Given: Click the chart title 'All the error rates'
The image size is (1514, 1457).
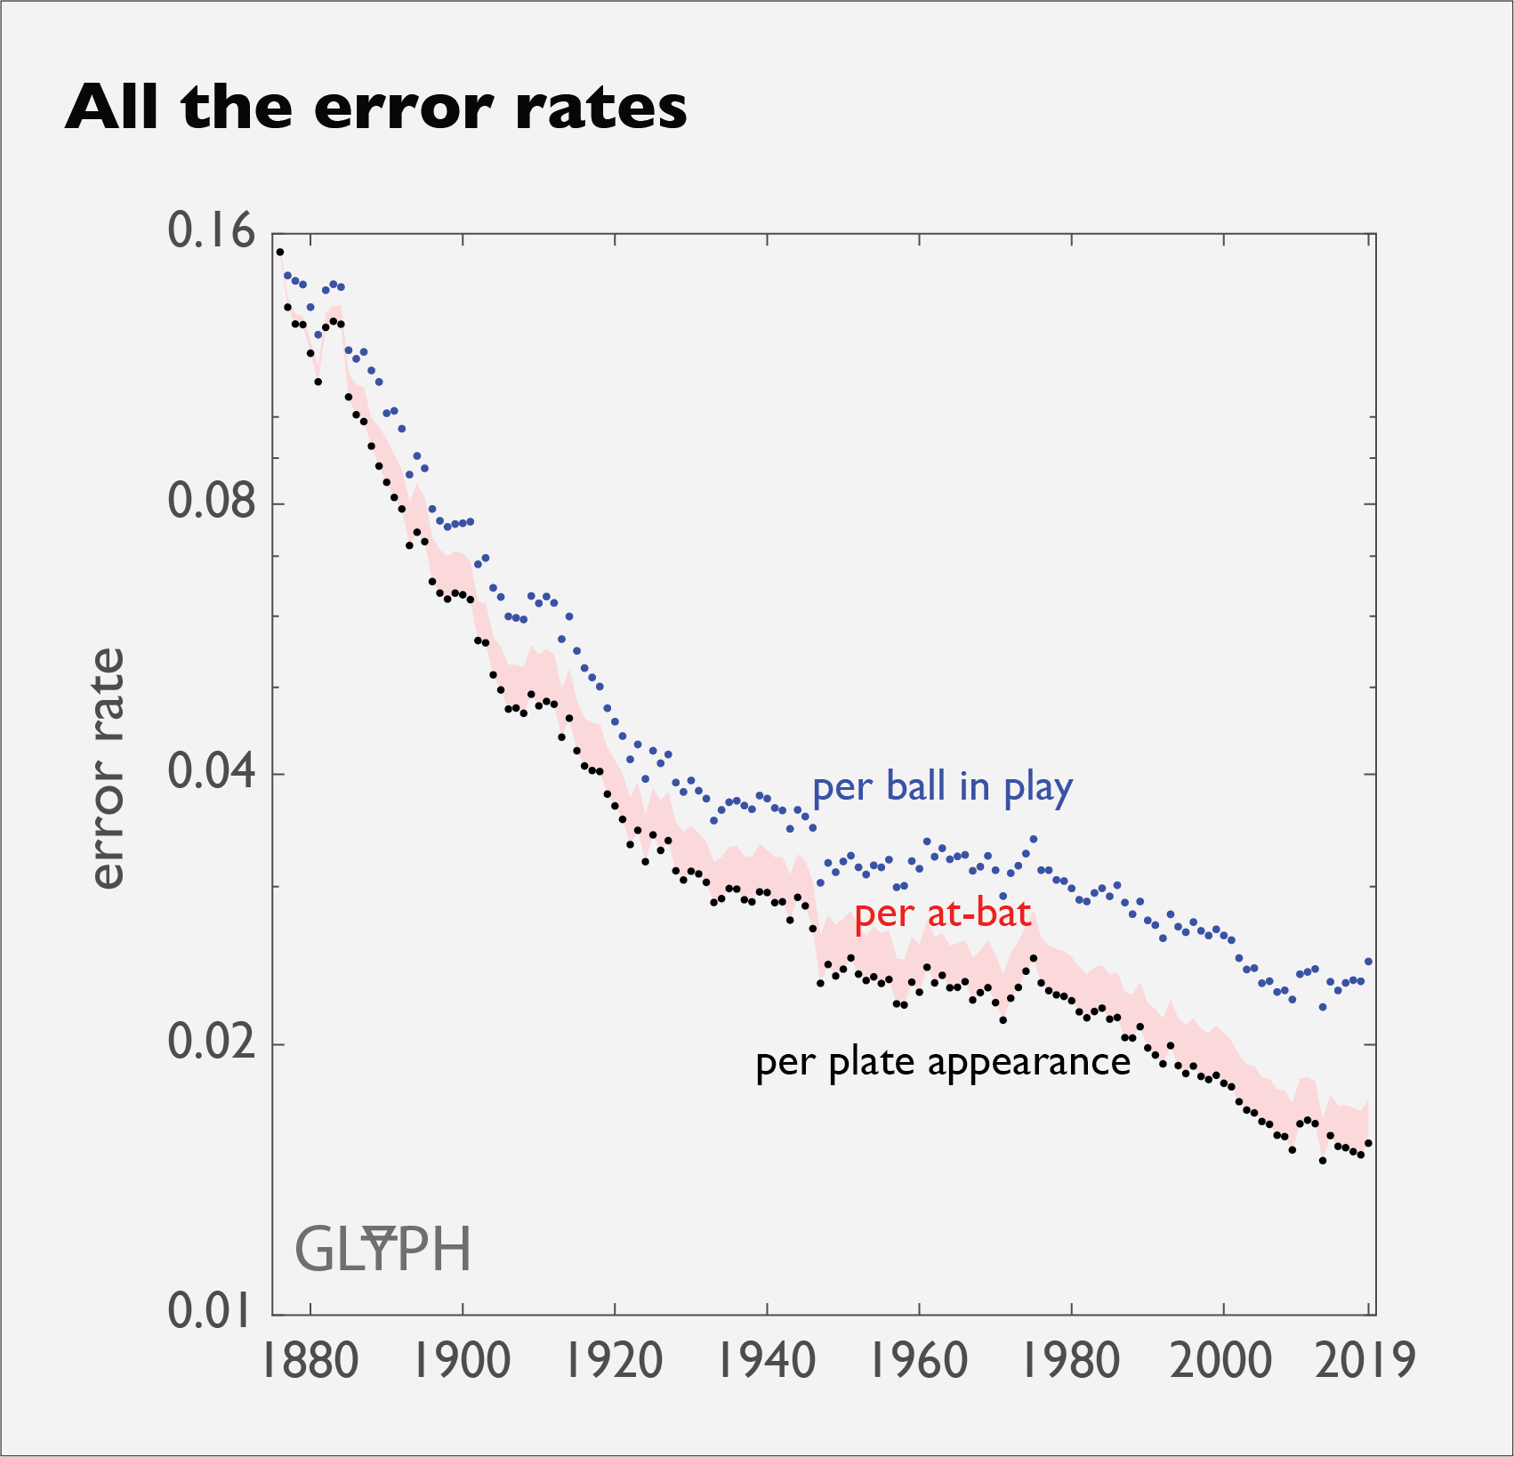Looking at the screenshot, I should click(375, 108).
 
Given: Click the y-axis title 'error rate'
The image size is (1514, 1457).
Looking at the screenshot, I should click(108, 769).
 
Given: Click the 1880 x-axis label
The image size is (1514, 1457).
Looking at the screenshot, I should click(310, 1361).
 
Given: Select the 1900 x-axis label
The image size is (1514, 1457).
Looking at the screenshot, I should click(463, 1361).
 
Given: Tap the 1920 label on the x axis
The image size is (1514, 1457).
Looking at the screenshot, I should click(615, 1361).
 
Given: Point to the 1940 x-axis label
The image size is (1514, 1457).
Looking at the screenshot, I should click(767, 1361).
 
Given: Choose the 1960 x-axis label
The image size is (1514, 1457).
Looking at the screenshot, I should click(919, 1361).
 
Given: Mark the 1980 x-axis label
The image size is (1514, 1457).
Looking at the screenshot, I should click(1071, 1361).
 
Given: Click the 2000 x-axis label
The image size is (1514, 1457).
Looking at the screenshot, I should click(1223, 1361).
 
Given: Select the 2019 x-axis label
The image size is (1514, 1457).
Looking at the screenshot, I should click(1365, 1361).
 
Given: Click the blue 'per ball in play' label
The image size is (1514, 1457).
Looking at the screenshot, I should click(942, 788).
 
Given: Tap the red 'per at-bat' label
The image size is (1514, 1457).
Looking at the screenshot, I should click(942, 914).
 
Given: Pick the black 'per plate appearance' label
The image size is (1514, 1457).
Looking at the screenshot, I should click(942, 1063).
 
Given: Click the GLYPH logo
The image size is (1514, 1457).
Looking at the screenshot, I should click(383, 1249).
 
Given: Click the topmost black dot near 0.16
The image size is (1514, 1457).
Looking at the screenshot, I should click(279, 252).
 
